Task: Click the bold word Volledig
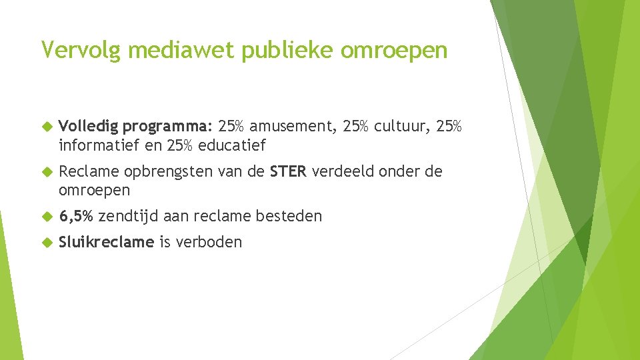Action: click(88, 127)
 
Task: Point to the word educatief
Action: click(232, 145)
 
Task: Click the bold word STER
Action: click(288, 172)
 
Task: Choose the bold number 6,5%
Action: click(76, 217)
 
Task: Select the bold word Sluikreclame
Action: click(106, 242)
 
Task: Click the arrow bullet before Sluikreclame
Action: click(47, 242)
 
